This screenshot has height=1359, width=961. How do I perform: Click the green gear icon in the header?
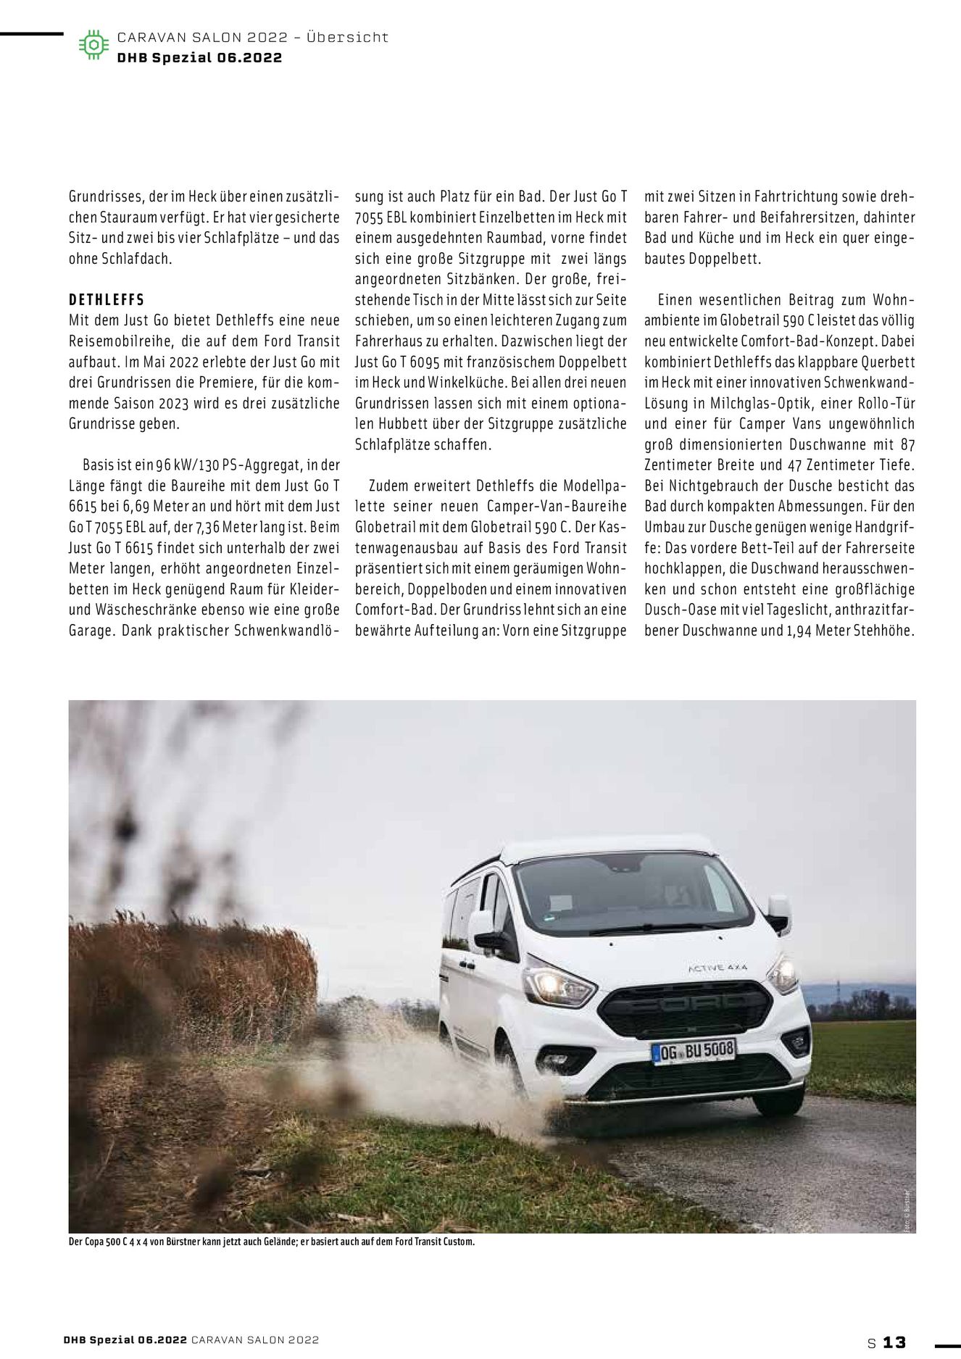(x=93, y=45)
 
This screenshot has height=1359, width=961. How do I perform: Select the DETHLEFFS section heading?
(x=107, y=300)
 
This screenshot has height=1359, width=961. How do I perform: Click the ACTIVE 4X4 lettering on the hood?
(x=717, y=968)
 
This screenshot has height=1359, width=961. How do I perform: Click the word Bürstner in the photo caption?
(x=168, y=1242)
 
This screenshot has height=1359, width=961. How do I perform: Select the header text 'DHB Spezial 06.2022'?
(x=199, y=58)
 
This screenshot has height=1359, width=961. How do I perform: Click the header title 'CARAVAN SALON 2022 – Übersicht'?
(x=252, y=37)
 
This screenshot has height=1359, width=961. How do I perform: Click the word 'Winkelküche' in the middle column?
(x=467, y=383)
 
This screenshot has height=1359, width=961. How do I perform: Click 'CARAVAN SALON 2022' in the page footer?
(x=255, y=1340)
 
